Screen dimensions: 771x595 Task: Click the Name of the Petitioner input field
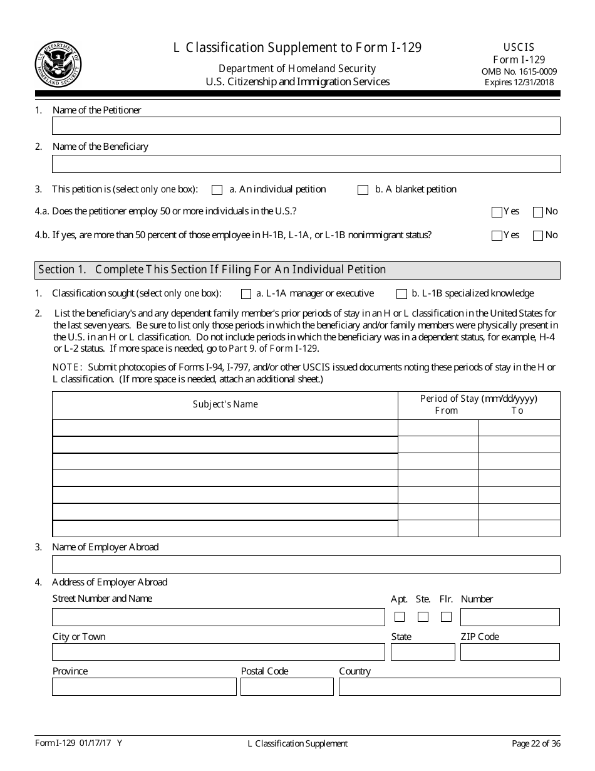point(306,126)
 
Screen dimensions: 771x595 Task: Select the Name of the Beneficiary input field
point(306,164)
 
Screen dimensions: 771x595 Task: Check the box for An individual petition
point(217,190)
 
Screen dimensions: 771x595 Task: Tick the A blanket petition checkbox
point(363,190)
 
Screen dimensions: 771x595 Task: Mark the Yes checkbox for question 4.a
point(497,212)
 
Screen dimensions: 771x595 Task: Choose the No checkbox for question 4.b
point(537,236)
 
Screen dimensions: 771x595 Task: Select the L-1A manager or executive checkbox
point(246,294)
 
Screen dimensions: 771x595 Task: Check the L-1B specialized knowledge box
point(401,294)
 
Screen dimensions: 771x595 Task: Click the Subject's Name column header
point(225,404)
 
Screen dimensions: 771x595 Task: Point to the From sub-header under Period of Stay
point(446,411)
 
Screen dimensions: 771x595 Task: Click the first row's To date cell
point(519,428)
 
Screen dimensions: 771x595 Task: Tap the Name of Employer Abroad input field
point(306,565)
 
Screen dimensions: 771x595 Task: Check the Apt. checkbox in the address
point(400,617)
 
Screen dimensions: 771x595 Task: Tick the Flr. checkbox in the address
point(446,617)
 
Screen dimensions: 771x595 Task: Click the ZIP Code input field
point(509,652)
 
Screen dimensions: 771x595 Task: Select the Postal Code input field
point(287,687)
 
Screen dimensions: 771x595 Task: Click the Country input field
point(449,687)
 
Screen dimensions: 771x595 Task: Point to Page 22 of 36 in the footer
point(535,744)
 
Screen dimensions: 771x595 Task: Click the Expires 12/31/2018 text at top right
point(519,82)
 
